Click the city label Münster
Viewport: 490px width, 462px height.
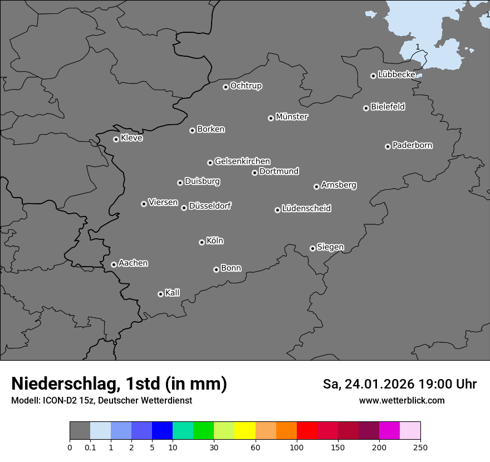[x=292, y=117]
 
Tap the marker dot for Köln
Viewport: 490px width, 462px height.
[x=202, y=242]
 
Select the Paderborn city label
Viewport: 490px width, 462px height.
[x=413, y=145]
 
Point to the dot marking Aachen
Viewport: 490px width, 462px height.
[x=114, y=264]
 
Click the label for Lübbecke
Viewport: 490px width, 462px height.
[x=396, y=75]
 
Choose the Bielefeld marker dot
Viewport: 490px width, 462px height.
[x=366, y=108]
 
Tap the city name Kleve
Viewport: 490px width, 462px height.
[x=131, y=138]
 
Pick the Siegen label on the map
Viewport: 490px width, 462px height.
[x=330, y=247]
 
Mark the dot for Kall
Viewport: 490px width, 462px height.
[x=160, y=294]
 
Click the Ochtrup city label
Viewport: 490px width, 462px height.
[x=246, y=86]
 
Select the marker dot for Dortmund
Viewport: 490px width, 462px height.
[x=254, y=173]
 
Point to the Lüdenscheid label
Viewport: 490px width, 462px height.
[x=306, y=209]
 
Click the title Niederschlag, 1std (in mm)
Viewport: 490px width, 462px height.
[x=119, y=384]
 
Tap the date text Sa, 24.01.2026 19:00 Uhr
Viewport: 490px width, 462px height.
[x=400, y=384]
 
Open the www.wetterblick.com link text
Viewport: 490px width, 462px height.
[x=402, y=400]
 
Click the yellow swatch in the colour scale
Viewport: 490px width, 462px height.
[x=245, y=431]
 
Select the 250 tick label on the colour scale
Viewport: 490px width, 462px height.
[x=420, y=447]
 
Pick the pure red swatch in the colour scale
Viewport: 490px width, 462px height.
[x=307, y=431]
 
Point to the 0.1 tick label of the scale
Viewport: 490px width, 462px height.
[x=90, y=447]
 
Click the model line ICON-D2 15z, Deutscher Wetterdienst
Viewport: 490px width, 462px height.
[x=101, y=400]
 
